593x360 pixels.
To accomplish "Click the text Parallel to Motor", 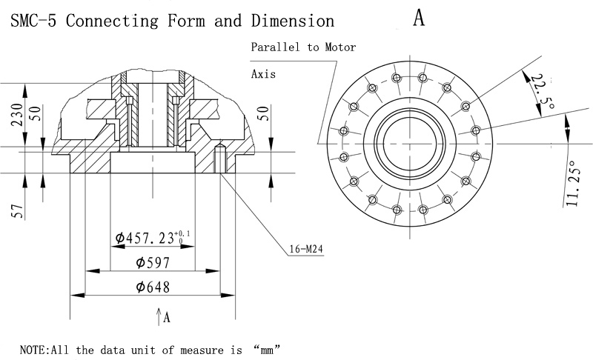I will click(303, 47).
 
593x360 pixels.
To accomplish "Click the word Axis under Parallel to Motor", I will click(263, 74).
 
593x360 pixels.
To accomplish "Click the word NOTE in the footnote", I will click(32, 348).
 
